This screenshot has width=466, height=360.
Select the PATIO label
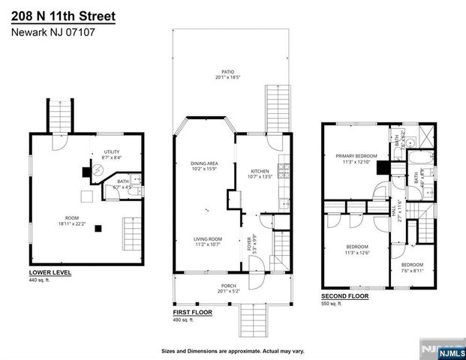[x=217, y=72]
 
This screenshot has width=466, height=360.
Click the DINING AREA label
[x=203, y=163]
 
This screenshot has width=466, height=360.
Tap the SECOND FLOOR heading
[x=345, y=296]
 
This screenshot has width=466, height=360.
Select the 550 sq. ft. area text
[x=331, y=304]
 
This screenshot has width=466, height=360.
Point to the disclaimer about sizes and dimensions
[x=232, y=350]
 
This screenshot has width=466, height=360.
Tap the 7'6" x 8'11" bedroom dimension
[x=412, y=269]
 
